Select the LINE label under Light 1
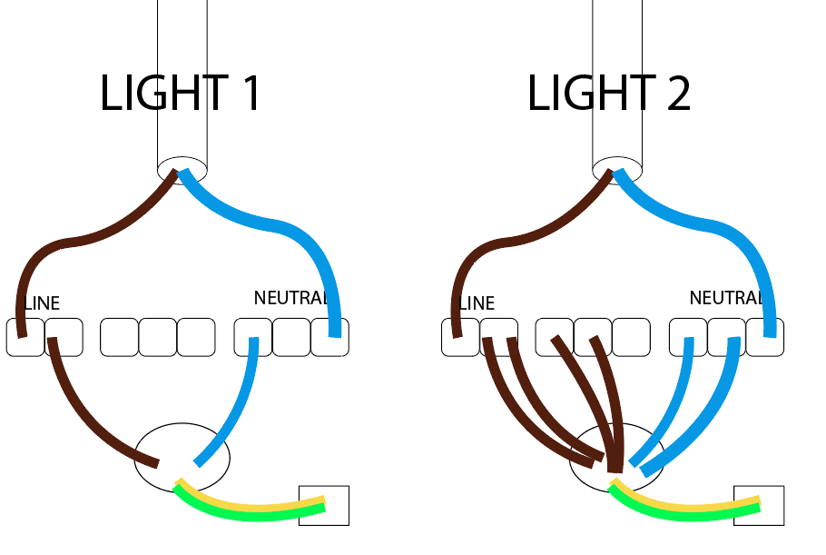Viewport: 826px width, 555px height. [42, 303]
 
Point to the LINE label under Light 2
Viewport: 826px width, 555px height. [477, 303]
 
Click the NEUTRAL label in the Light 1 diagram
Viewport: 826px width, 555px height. [291, 298]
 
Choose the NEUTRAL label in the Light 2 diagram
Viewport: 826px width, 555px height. [726, 298]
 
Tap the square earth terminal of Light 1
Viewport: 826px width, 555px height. [324, 505]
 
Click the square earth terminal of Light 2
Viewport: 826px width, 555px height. [759, 505]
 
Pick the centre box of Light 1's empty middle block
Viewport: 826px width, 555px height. [158, 337]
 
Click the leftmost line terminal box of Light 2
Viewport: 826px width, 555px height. [460, 337]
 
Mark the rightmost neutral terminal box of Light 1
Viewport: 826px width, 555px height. [329, 337]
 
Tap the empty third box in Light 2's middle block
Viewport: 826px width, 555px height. [631, 337]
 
